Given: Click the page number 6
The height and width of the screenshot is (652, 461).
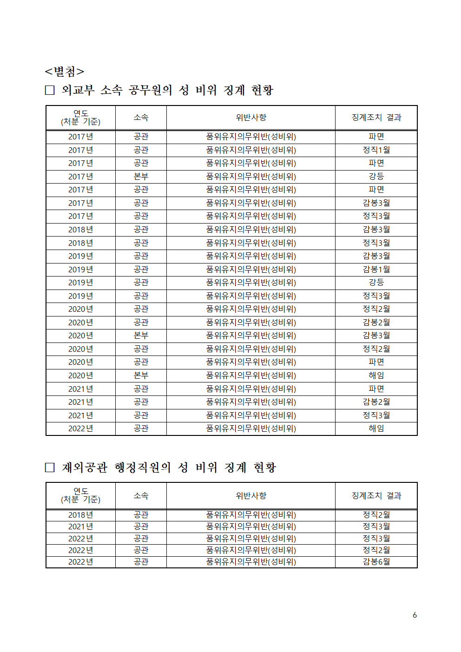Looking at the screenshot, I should [415, 615].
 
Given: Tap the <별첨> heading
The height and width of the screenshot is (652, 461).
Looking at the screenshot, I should [65, 71].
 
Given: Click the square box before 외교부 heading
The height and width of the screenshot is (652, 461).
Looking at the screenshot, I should [50, 90].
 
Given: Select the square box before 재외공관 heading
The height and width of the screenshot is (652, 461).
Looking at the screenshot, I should [50, 467].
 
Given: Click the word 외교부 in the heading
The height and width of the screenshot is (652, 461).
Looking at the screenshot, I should [78, 90].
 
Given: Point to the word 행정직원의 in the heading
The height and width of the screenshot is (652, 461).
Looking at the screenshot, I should [143, 467].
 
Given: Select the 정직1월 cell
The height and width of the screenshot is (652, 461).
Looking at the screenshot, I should [376, 150].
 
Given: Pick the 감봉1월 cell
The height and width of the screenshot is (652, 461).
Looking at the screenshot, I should [376, 269].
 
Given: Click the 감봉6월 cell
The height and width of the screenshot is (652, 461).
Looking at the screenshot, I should [376, 561].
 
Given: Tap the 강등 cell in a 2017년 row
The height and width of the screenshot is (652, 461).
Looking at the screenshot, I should [376, 176].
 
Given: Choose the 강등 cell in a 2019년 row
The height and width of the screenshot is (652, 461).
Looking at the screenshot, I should [376, 282].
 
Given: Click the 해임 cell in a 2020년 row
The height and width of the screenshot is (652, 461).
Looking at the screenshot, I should [376, 375].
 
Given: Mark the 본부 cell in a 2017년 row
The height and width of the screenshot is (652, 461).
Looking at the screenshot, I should [141, 176].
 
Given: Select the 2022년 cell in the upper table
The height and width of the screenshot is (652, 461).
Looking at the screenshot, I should [80, 428].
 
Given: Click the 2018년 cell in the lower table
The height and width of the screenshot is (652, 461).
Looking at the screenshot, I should [80, 514].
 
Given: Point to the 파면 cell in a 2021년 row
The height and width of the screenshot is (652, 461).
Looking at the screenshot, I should [376, 389].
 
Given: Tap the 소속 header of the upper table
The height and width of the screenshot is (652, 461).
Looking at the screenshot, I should [141, 117].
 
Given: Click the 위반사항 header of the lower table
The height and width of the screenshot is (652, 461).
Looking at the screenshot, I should [251, 495].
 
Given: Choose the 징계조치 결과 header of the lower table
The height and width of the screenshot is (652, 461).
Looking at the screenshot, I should [376, 495].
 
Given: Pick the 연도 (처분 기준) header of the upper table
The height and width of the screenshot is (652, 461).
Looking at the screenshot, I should [80, 117].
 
